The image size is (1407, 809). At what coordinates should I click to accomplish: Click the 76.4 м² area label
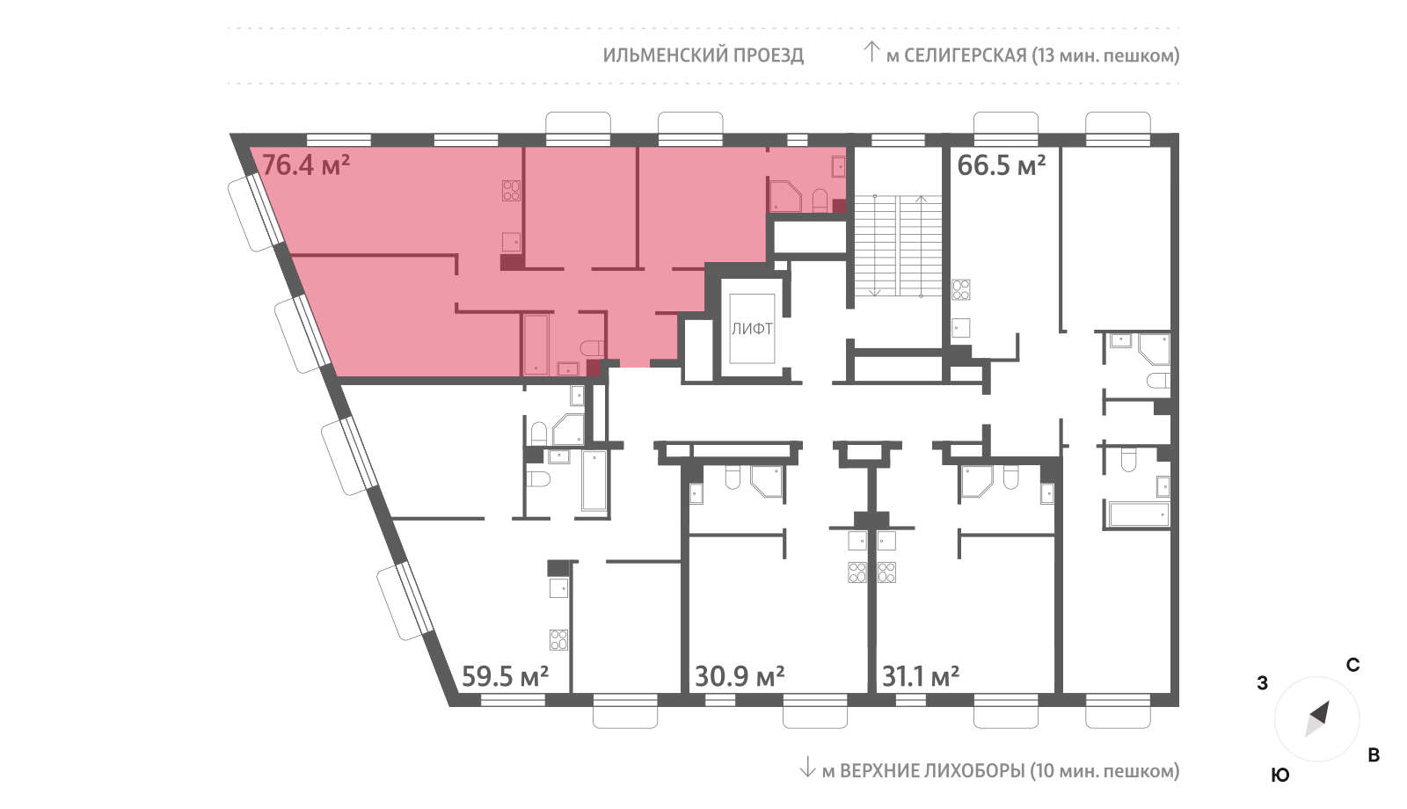pyautogui.click(x=305, y=165)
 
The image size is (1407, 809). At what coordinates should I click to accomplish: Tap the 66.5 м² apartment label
pyautogui.click(x=1002, y=165)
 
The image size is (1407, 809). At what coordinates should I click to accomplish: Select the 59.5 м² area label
pyautogui.click(x=505, y=676)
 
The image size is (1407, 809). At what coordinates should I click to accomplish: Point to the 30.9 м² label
pyautogui.click(x=740, y=676)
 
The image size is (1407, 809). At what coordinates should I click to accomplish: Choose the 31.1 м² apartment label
pyautogui.click(x=921, y=676)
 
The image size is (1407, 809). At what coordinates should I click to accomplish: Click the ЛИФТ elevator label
pyautogui.click(x=752, y=329)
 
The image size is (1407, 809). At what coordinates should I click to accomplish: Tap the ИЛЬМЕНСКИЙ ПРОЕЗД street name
pyautogui.click(x=703, y=55)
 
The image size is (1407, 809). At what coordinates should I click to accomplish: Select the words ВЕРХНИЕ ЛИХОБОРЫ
pyautogui.click(x=932, y=770)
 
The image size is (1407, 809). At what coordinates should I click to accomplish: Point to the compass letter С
pyautogui.click(x=1353, y=665)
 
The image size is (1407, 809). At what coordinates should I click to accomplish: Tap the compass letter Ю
pyautogui.click(x=1280, y=775)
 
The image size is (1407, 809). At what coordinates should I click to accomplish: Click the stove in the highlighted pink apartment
pyautogui.click(x=511, y=190)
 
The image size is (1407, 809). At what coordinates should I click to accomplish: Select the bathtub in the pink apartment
pyautogui.click(x=536, y=345)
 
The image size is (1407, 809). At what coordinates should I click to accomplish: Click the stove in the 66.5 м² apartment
pyautogui.click(x=961, y=289)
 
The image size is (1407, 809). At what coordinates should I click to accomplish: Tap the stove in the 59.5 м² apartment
pyautogui.click(x=559, y=640)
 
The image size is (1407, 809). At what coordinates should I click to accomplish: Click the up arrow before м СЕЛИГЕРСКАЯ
pyautogui.click(x=871, y=52)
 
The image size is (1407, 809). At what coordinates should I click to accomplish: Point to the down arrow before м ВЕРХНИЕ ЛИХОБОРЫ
pyautogui.click(x=807, y=767)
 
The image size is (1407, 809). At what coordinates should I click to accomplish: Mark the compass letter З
pyautogui.click(x=1263, y=682)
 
